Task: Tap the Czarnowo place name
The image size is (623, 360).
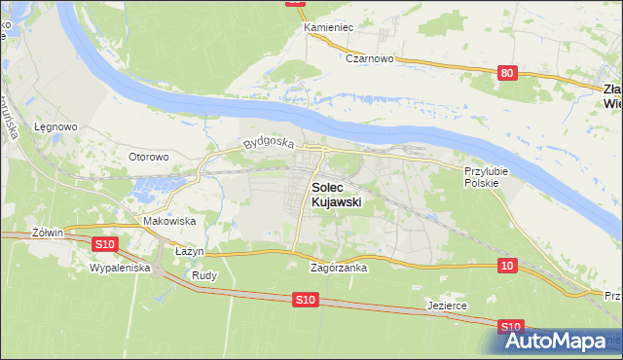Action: click(x=369, y=58)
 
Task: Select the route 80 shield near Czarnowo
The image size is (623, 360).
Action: click(x=506, y=73)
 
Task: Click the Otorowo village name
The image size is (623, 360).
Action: click(x=149, y=156)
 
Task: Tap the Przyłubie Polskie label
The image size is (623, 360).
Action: click(x=481, y=176)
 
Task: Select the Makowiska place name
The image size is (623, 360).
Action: click(x=168, y=221)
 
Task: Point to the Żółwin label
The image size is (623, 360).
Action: click(x=47, y=233)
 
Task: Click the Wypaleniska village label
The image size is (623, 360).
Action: click(x=119, y=267)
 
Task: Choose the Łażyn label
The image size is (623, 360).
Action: click(x=188, y=251)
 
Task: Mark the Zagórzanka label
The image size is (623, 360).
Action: click(x=338, y=268)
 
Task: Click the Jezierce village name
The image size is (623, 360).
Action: click(x=448, y=306)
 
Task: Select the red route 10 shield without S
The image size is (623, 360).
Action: click(x=506, y=265)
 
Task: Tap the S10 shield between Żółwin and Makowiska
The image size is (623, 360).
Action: click(x=105, y=242)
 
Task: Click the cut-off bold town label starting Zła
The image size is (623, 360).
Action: click(x=611, y=94)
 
